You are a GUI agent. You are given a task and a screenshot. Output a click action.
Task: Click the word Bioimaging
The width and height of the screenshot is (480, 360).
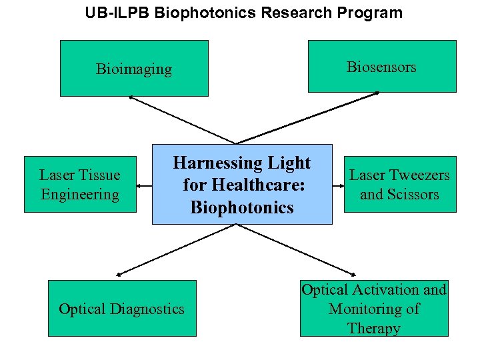pos(133,69)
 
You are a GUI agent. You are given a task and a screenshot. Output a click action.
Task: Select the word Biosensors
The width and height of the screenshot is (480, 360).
pos(381,67)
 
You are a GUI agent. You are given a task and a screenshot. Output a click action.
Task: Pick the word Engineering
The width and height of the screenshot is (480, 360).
pos(79,195)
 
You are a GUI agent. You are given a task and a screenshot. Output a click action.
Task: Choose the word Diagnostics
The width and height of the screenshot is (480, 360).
pos(147,309)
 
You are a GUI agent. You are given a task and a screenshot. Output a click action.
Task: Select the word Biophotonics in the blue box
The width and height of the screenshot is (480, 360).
pos(241,207)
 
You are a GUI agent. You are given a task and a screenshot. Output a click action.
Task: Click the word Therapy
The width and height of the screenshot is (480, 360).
pos(373,329)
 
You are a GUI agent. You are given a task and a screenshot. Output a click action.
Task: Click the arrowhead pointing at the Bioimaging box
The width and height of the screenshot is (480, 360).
pos(131,98)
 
